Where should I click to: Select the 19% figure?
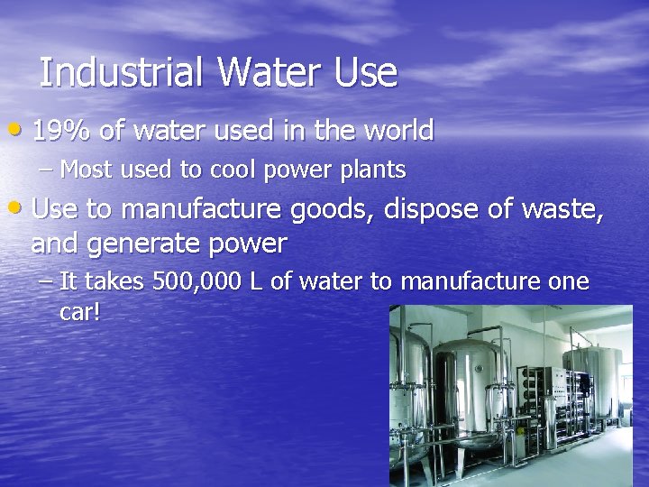pos(61,131)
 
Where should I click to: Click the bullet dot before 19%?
pos(20,133)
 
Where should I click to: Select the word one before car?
pos(568,282)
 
